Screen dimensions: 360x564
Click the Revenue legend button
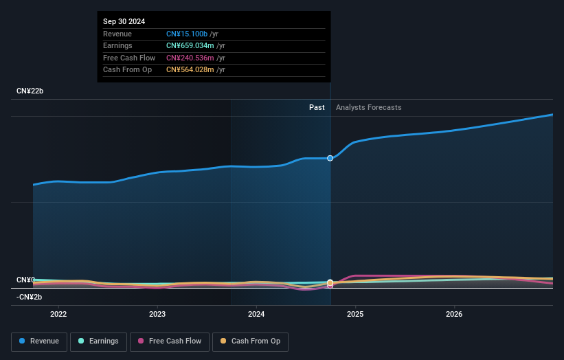pos(39,341)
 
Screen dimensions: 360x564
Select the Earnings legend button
pos(98,341)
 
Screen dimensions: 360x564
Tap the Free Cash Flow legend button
pos(170,341)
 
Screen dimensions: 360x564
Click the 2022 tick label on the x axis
pos(58,315)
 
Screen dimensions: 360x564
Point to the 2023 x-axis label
pos(157,315)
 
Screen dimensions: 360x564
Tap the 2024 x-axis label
pos(256,315)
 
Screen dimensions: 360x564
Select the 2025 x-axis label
pos(355,315)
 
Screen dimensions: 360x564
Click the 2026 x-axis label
pos(454,315)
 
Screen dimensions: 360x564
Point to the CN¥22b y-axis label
pos(30,91)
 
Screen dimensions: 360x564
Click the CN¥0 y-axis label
pos(25,280)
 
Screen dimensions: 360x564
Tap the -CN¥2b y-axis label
pos(30,297)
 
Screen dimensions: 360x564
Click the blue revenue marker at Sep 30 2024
pos(330,158)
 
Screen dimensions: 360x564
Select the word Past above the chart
pos(317,107)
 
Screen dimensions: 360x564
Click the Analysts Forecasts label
pos(368,107)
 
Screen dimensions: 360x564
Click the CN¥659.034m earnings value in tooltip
pos(190,46)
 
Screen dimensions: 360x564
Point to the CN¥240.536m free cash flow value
pos(190,58)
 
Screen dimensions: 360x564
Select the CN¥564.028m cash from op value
pos(190,69)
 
